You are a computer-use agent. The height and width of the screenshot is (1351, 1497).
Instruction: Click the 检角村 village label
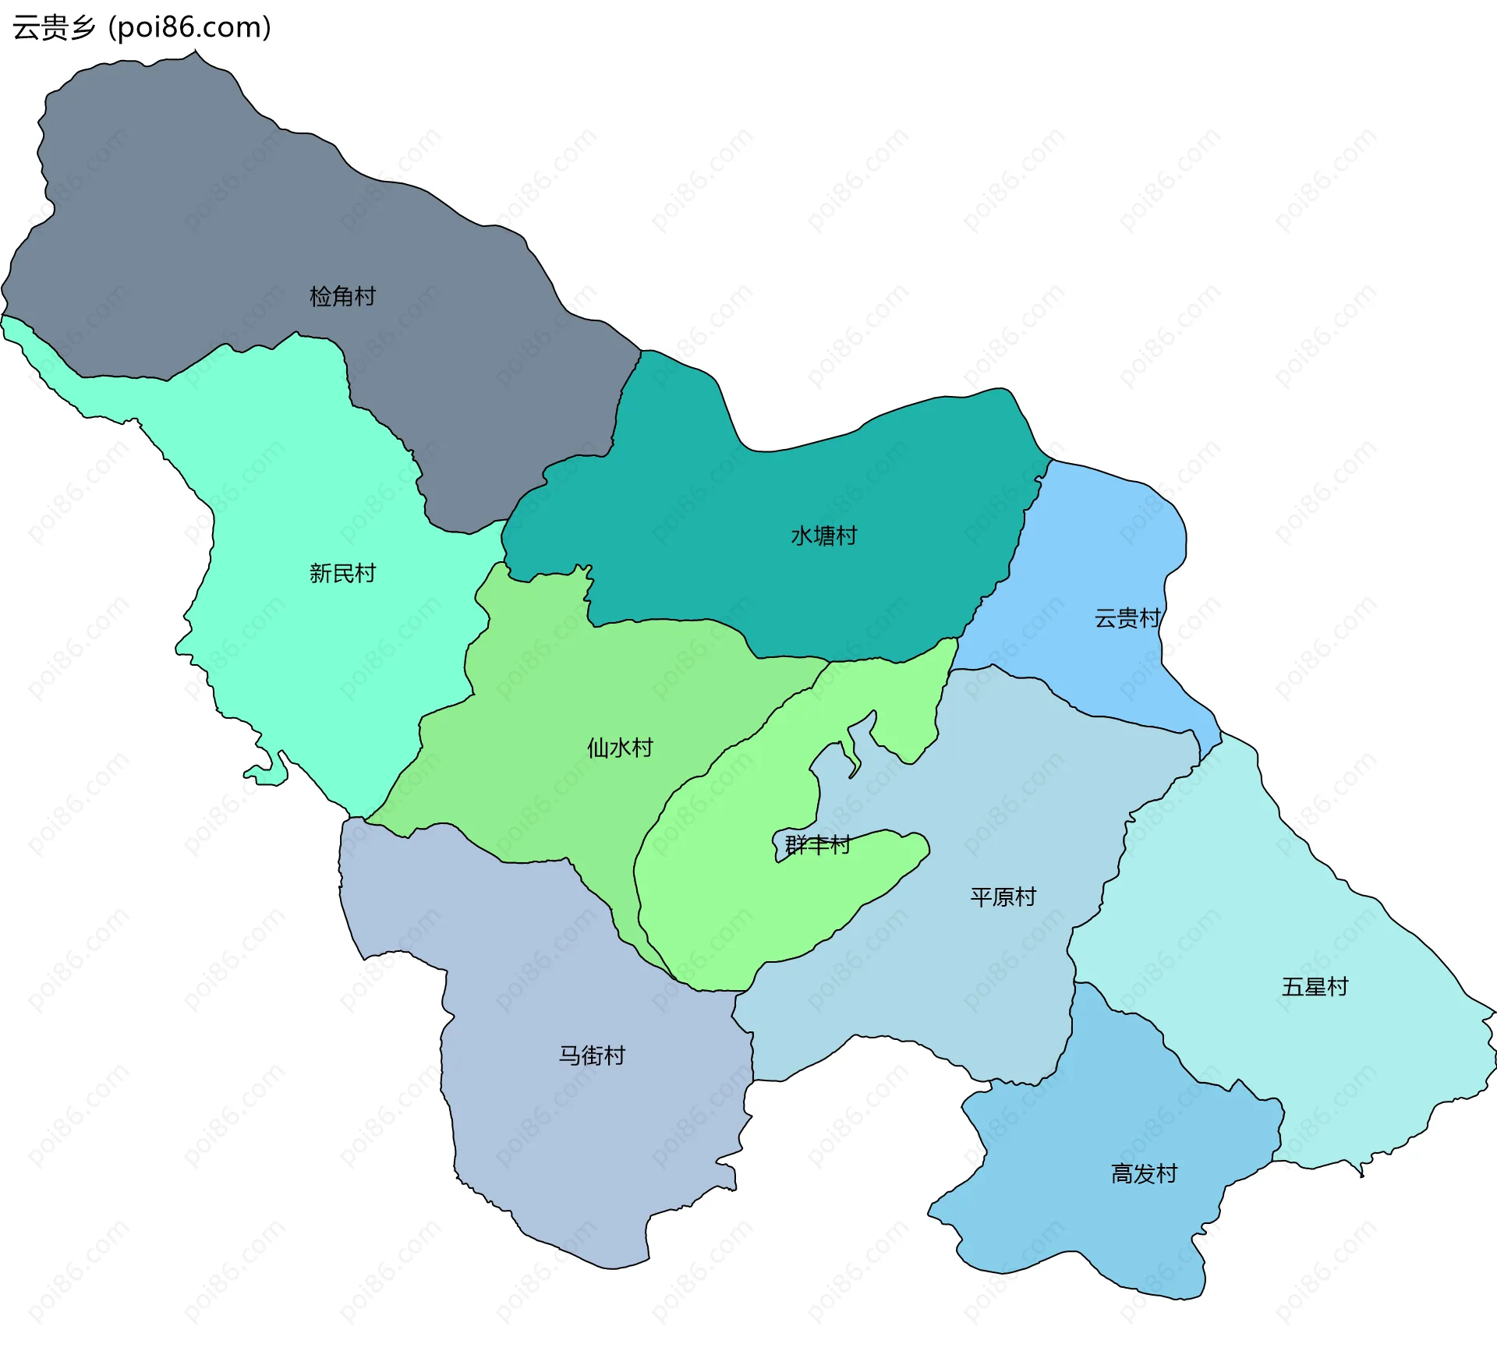pyautogui.click(x=342, y=296)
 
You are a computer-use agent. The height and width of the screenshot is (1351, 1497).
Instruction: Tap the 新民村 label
pyautogui.click(x=342, y=573)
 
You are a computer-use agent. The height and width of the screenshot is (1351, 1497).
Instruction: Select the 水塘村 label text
pyautogui.click(x=823, y=536)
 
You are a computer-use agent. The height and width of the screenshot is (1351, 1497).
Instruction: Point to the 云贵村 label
pyautogui.click(x=1127, y=618)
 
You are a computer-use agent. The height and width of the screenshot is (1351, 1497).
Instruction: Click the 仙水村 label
pyautogui.click(x=620, y=748)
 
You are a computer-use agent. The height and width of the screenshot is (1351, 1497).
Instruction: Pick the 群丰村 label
pyautogui.click(x=817, y=844)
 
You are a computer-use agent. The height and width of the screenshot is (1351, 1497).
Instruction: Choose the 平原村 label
pyautogui.click(x=1003, y=897)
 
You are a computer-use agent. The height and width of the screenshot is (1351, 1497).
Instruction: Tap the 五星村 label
pyautogui.click(x=1315, y=987)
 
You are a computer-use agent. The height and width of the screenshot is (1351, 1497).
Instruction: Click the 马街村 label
pyautogui.click(x=592, y=1056)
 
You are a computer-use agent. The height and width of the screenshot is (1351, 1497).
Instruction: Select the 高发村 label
pyautogui.click(x=1144, y=1173)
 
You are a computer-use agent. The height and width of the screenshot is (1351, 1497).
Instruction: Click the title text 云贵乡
pyautogui.click(x=54, y=27)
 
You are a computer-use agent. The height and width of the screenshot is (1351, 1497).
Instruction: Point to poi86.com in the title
pyautogui.click(x=189, y=27)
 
